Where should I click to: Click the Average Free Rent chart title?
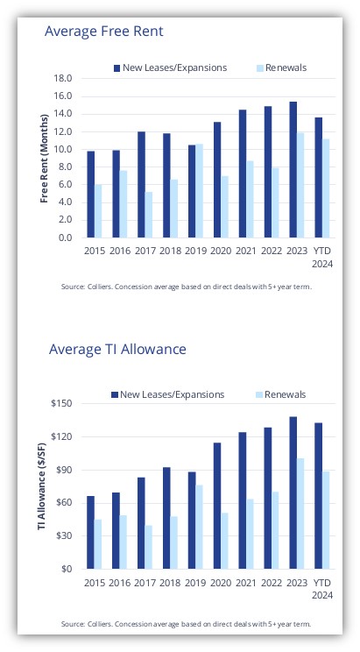(x=104, y=32)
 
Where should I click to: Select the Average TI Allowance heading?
(x=117, y=349)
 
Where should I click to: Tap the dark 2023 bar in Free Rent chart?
(x=293, y=170)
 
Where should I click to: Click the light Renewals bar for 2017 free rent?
(x=148, y=215)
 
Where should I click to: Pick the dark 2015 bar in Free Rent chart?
(x=90, y=195)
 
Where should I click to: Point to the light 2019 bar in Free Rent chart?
(x=199, y=191)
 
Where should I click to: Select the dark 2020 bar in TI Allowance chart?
(x=217, y=506)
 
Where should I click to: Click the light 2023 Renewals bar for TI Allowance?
(x=300, y=514)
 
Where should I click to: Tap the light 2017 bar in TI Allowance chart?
(x=148, y=547)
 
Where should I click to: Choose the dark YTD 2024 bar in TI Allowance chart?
(x=318, y=496)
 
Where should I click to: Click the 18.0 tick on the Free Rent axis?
(x=63, y=79)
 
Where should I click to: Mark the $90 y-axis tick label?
(x=65, y=470)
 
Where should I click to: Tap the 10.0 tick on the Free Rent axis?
(x=63, y=149)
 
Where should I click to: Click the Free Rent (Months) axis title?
(x=45, y=159)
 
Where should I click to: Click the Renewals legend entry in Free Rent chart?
(x=281, y=67)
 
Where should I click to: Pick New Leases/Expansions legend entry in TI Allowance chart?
(x=168, y=394)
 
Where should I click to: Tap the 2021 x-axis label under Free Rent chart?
(x=246, y=252)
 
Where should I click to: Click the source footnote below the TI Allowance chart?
(x=186, y=624)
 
